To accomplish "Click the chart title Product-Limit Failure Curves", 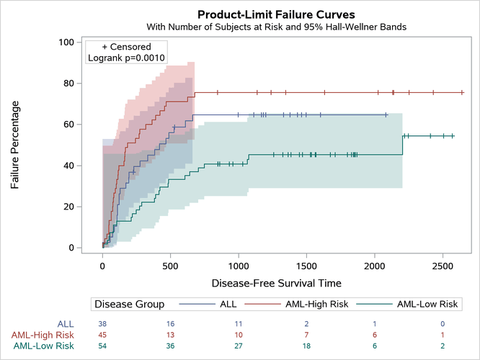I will tap(275, 14).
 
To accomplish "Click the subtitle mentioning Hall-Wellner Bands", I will tap(276, 27).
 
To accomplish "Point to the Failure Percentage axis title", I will tap(15, 145).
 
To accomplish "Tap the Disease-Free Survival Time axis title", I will tap(276, 283).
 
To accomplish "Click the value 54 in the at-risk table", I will tap(102, 346).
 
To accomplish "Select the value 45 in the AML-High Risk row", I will tap(102, 335).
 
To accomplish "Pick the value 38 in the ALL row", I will tap(102, 324).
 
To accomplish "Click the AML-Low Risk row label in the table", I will tap(45, 346).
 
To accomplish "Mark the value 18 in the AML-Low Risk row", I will tap(306, 346).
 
